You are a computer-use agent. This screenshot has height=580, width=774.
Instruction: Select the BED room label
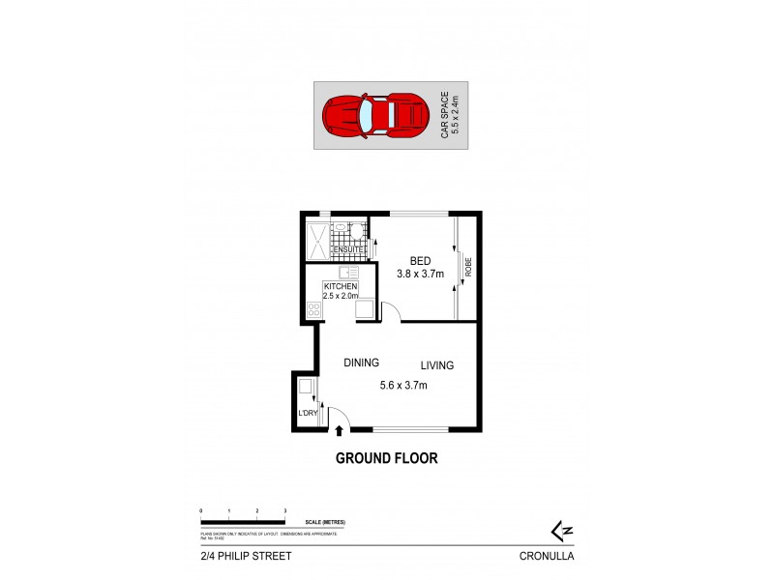420,261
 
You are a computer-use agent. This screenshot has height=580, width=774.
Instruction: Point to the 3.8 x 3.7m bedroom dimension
420,275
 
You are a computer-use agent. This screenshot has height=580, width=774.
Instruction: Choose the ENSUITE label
348,250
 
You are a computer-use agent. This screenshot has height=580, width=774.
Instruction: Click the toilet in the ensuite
356,230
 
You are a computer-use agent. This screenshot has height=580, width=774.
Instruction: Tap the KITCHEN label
341,287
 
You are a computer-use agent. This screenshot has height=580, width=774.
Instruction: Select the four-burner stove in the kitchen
313,309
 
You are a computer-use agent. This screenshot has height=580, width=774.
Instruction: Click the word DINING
362,362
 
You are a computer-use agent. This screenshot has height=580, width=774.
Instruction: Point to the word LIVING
436,365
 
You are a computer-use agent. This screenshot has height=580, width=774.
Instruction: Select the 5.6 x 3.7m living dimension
403,385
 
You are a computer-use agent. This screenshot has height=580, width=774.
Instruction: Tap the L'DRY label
308,414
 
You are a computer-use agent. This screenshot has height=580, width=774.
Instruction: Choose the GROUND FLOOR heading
386,458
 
